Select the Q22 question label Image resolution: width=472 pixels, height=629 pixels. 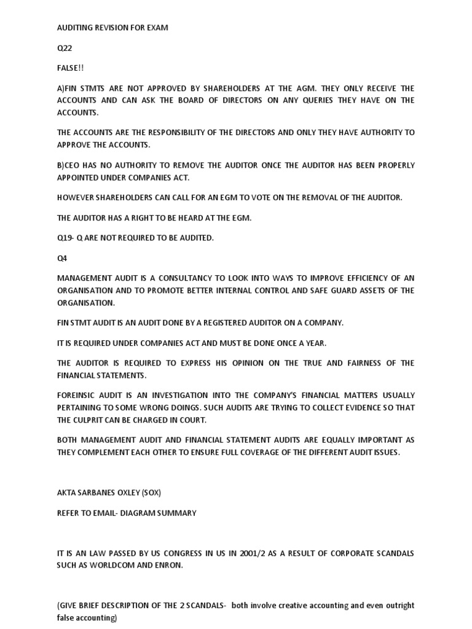65,48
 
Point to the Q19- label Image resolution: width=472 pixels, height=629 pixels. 65,238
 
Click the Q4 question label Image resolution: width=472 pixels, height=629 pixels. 62,258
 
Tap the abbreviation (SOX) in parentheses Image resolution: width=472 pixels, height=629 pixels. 151,493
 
